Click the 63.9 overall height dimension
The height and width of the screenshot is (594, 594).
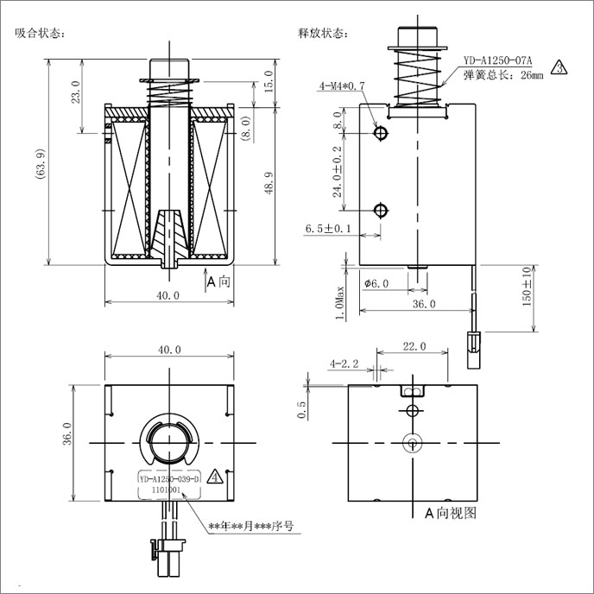(x=41, y=163)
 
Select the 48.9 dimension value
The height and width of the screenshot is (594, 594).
(x=269, y=183)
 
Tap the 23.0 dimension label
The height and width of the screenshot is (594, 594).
(x=76, y=92)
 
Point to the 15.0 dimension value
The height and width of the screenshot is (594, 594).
(x=269, y=81)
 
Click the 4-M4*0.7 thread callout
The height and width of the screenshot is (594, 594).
(x=342, y=86)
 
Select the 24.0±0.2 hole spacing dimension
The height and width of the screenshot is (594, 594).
(x=338, y=172)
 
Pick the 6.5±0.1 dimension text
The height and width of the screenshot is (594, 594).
(x=328, y=229)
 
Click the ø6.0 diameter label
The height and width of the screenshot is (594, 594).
(x=376, y=283)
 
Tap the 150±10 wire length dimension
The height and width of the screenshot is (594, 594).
(x=527, y=287)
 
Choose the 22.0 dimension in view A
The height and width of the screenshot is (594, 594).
(x=414, y=346)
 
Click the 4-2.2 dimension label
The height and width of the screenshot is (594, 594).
(x=344, y=364)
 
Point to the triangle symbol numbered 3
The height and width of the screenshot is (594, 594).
(x=559, y=67)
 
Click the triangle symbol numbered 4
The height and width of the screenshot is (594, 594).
(x=215, y=477)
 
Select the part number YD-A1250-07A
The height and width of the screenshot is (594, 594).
(x=498, y=60)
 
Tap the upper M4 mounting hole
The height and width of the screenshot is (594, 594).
(x=381, y=133)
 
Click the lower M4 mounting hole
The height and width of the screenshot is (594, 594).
(x=381, y=211)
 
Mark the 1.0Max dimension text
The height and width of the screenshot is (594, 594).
(x=340, y=303)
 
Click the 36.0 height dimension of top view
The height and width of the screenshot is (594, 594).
(x=67, y=433)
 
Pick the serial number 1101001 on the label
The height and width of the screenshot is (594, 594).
(x=166, y=490)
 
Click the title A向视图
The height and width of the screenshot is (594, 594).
(x=450, y=513)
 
